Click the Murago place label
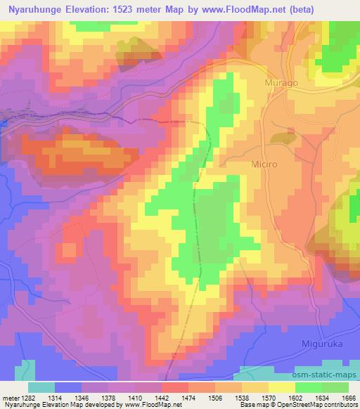pyautogui.click(x=281, y=83)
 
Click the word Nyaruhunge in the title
pyautogui.click(x=39, y=9)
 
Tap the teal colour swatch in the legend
pyautogui.click(x=41, y=387)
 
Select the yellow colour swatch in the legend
pyautogui.click(x=281, y=387)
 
